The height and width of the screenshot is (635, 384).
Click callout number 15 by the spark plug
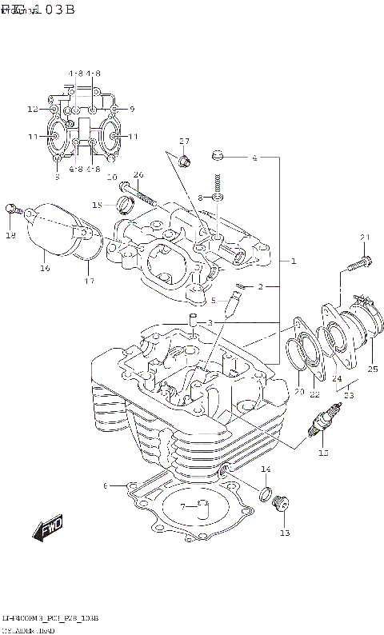tap(323, 453)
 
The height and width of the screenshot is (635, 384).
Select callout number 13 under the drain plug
tap(285, 533)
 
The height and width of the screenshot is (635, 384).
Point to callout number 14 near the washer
tap(266, 469)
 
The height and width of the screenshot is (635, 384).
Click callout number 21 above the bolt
tap(365, 237)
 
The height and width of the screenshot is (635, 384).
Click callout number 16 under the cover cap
tap(45, 269)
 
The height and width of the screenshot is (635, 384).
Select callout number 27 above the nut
tap(184, 142)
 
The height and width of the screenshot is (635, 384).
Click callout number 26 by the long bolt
tap(138, 175)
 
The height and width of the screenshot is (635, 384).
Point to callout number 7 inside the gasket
tap(183, 506)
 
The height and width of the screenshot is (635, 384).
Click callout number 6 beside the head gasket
tap(105, 485)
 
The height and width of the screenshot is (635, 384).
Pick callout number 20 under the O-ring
tap(299, 392)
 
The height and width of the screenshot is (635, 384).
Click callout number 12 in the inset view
tap(32, 109)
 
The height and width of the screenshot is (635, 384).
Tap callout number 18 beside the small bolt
tap(11, 236)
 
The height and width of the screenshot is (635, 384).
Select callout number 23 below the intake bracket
tap(348, 393)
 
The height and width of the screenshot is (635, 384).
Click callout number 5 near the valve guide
tap(213, 301)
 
